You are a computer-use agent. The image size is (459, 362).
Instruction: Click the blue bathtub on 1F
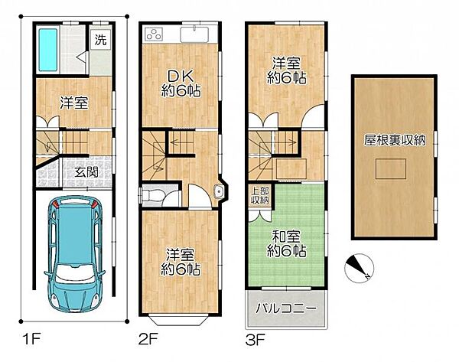[x=47, y=50]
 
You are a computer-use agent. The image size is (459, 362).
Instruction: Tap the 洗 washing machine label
[x=101, y=40]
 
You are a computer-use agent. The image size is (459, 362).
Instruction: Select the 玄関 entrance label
[x=86, y=172]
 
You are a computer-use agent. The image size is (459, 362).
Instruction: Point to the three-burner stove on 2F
[x=154, y=35]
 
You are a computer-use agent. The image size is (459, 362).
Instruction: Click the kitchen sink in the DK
[x=194, y=35]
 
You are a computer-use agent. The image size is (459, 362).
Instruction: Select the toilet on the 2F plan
[x=152, y=194]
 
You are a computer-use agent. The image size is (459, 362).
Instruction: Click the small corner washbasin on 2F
[x=219, y=191]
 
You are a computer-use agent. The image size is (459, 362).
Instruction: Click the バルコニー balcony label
[x=286, y=308]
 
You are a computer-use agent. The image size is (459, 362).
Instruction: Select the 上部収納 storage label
[x=260, y=195]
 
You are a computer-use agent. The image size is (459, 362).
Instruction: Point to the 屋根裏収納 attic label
[x=394, y=140]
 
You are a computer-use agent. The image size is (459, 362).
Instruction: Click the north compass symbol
[x=359, y=268]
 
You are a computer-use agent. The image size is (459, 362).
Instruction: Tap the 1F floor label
[x=31, y=340]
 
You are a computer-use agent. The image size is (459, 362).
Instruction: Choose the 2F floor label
[x=148, y=340]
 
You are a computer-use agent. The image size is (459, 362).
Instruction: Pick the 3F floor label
[x=256, y=340]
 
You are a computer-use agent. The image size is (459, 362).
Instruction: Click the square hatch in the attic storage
[x=390, y=168]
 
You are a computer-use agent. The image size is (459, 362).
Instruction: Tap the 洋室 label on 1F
[x=74, y=103]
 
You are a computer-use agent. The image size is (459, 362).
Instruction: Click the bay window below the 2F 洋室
[x=179, y=320]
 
